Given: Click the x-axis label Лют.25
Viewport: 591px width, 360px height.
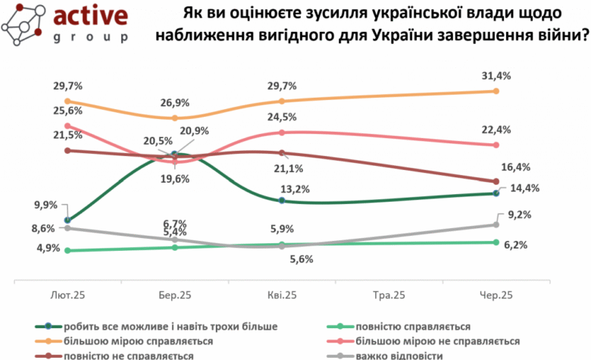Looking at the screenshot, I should point(67,295).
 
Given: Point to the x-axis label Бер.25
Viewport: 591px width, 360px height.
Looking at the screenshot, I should point(174,295).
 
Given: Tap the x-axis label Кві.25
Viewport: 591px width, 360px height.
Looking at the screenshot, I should point(282,295).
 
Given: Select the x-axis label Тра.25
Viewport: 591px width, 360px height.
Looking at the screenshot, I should point(389,295).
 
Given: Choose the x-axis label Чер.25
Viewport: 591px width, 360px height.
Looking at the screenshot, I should point(496,295).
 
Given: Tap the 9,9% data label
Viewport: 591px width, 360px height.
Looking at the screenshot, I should point(46,205).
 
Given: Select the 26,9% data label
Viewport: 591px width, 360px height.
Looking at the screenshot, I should point(174,102).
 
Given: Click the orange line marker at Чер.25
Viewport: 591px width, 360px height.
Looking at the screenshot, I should point(496,91).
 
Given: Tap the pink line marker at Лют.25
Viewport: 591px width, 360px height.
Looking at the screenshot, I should point(67,126).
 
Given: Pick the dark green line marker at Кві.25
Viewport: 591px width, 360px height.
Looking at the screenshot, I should point(282,200).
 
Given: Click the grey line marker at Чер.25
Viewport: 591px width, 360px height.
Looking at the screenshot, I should point(496,224).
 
